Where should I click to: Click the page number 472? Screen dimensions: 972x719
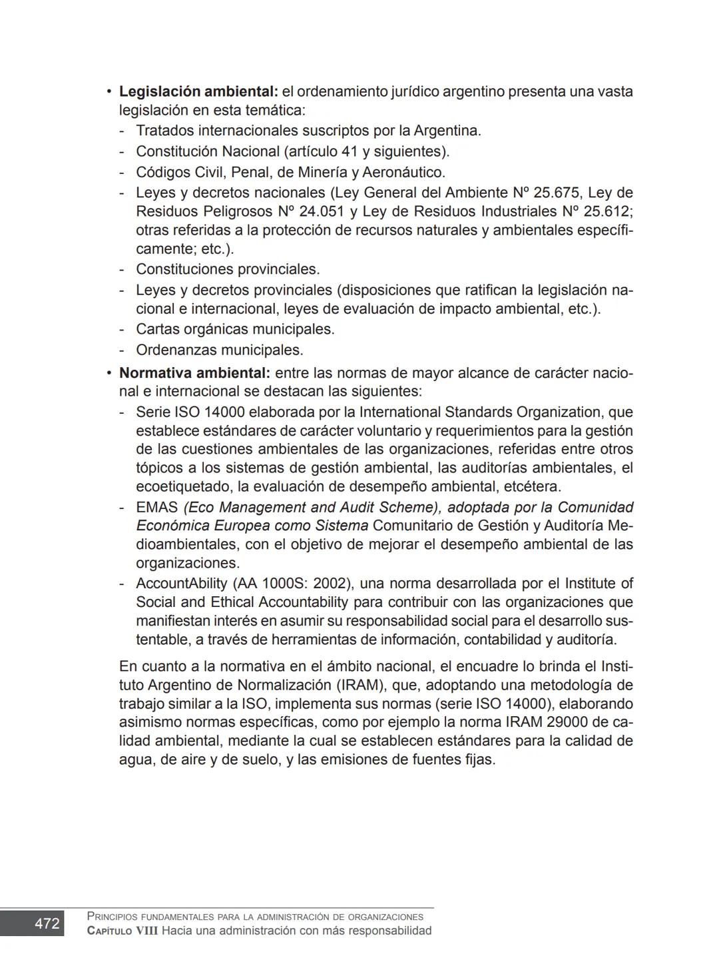(x=47, y=923)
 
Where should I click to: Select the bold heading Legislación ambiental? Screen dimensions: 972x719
(x=198, y=91)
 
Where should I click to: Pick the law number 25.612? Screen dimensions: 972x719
(x=605, y=212)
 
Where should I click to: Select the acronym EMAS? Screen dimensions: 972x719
(x=156, y=507)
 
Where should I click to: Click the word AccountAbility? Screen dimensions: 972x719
(x=182, y=584)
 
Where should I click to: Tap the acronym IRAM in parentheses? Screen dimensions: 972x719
(x=361, y=686)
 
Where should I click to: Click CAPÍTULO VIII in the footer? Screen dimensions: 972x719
(x=122, y=931)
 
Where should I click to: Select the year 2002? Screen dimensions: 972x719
(x=330, y=584)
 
